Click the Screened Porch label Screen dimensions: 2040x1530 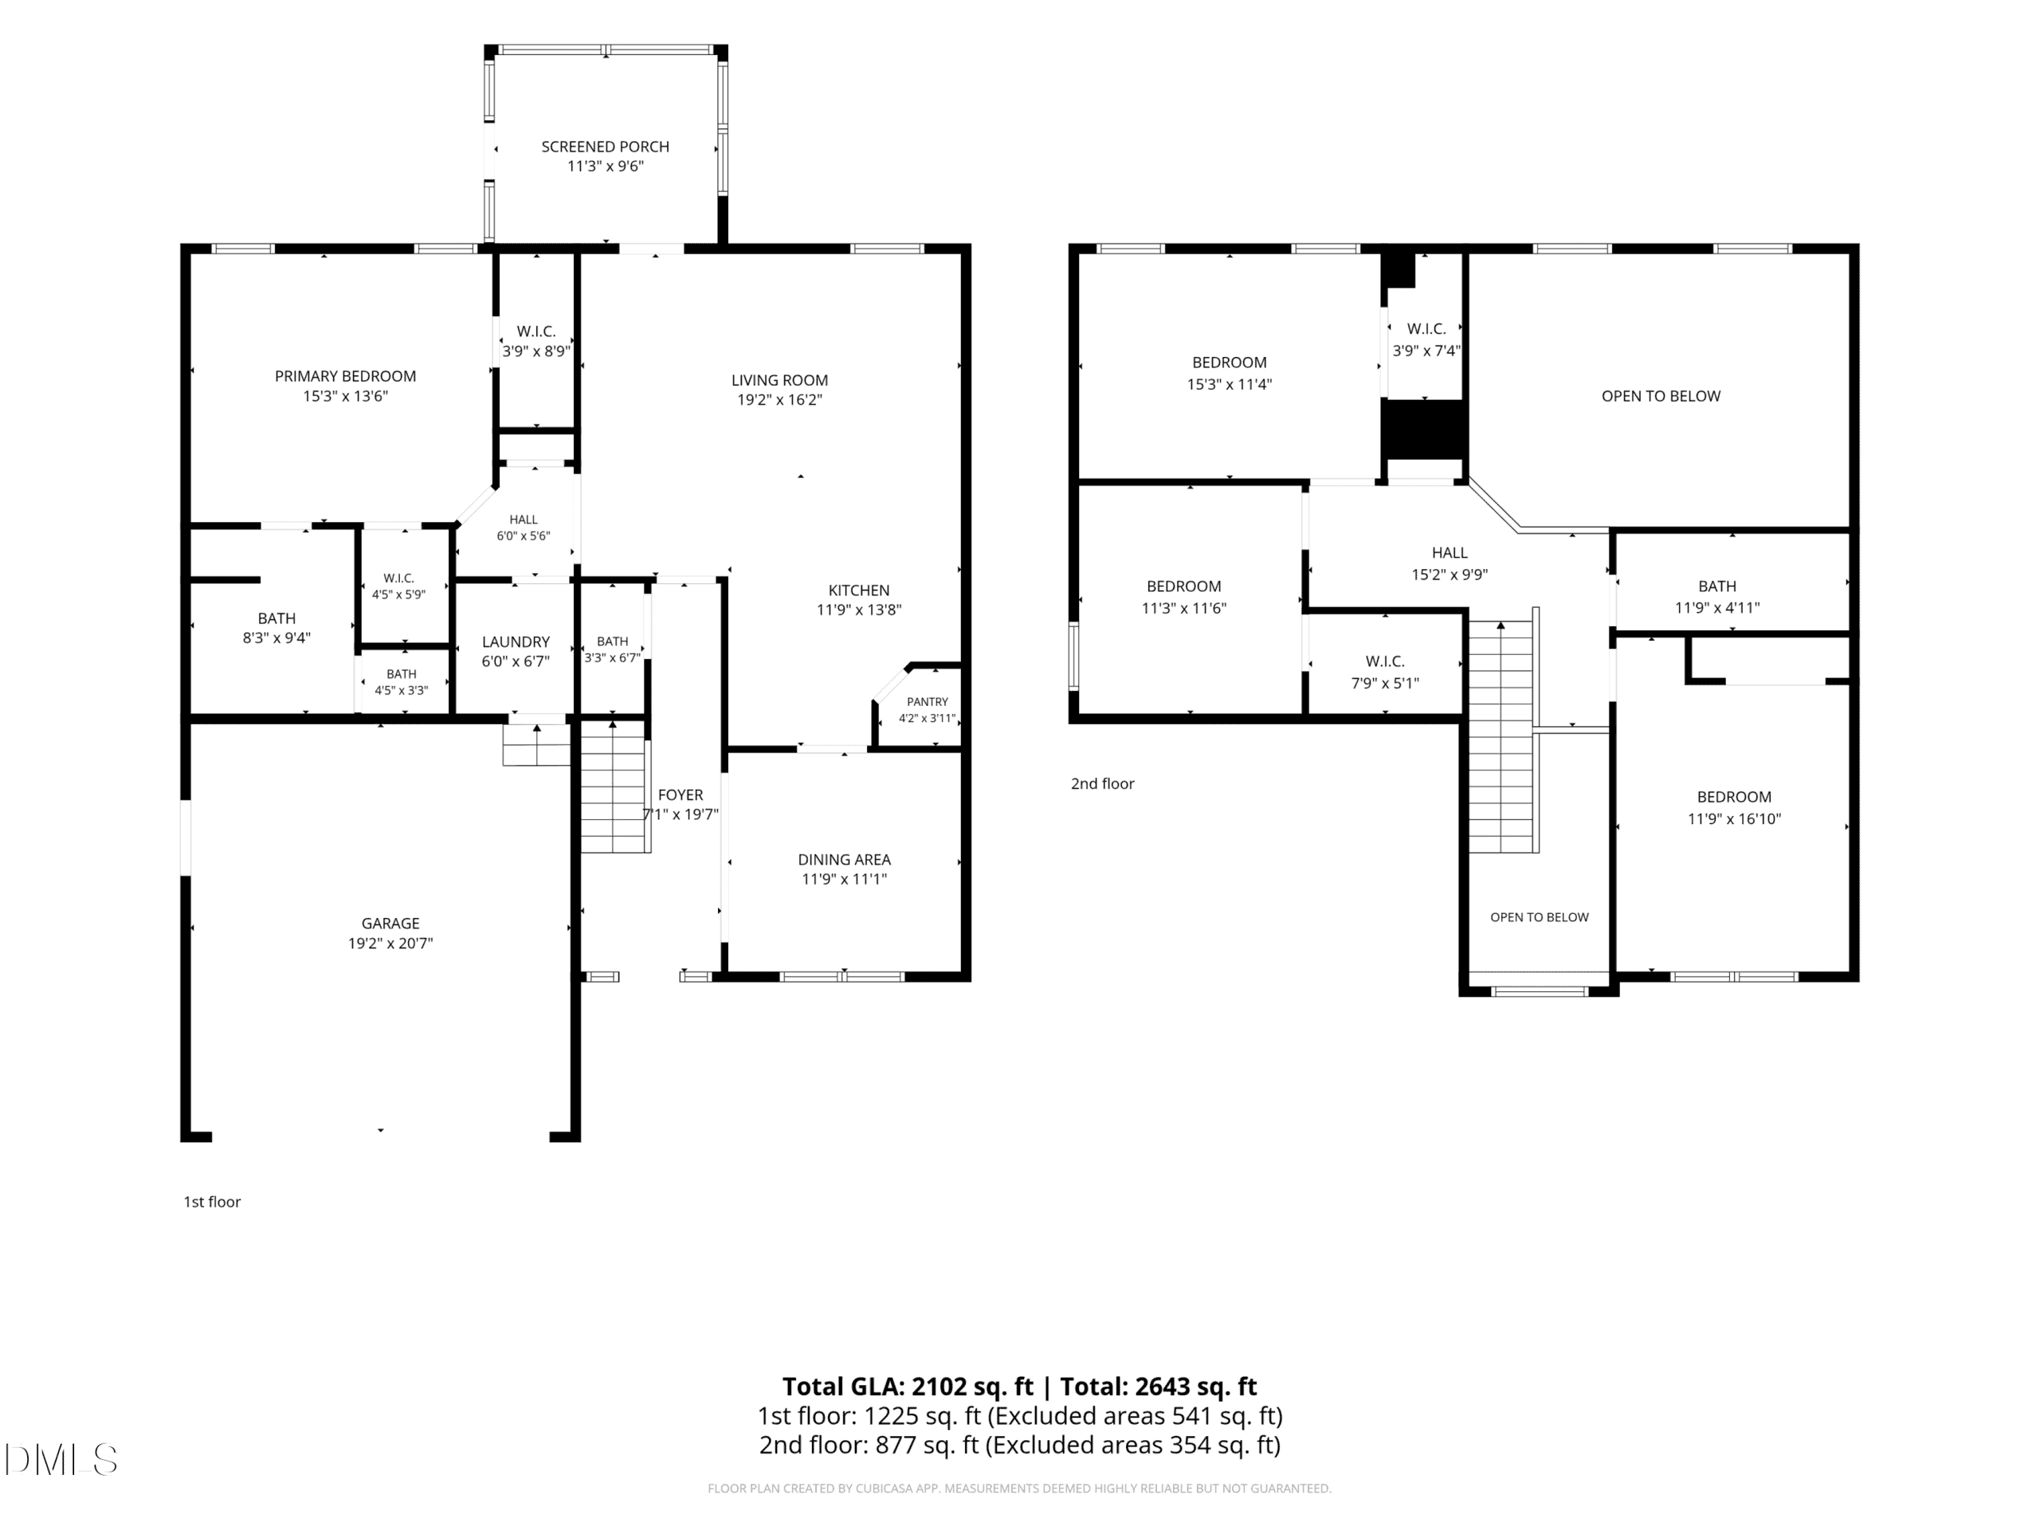click(x=605, y=147)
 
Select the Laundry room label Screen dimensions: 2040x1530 click(x=516, y=641)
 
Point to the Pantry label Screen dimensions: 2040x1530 click(x=927, y=702)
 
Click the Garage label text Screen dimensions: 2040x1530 click(x=390, y=923)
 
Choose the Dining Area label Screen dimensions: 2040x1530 click(x=844, y=860)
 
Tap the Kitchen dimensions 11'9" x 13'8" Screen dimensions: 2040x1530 click(x=858, y=610)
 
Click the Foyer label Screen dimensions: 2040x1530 click(x=681, y=795)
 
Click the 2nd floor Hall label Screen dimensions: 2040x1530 click(x=1450, y=552)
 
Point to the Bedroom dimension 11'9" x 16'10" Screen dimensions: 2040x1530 click(x=1734, y=819)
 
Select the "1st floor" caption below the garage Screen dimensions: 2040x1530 click(x=212, y=1202)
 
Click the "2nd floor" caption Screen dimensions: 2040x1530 click(x=1102, y=784)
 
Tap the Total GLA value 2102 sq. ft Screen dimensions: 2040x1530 click(x=973, y=1386)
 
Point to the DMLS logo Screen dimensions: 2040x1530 click(x=61, y=1459)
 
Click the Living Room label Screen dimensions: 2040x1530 click(x=779, y=380)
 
